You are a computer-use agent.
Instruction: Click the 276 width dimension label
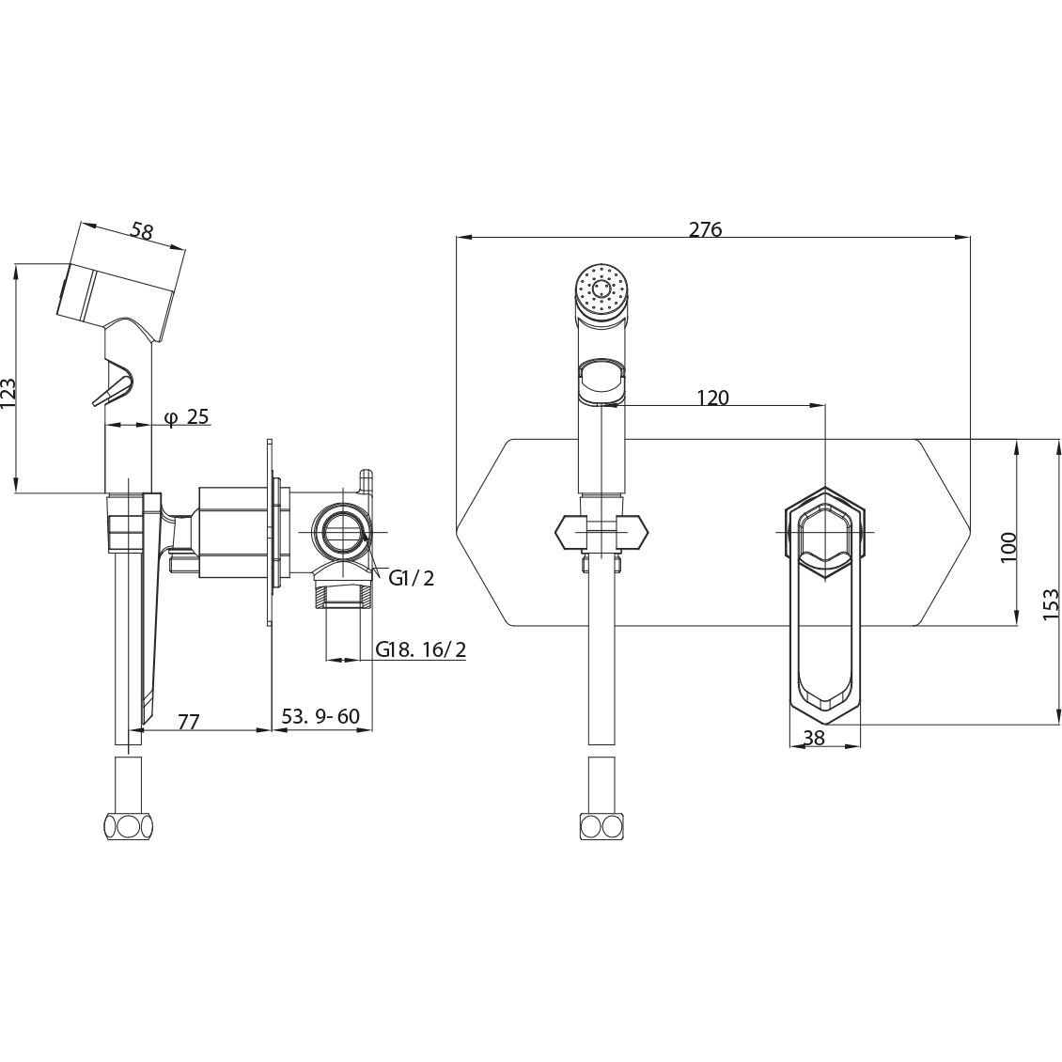(x=706, y=229)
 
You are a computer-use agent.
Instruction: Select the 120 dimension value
(x=712, y=398)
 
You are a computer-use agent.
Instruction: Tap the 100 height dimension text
(x=1008, y=547)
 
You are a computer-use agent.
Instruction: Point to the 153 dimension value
(x=1050, y=603)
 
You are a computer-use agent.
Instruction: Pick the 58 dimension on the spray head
(x=142, y=231)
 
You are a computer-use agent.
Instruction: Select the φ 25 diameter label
(x=186, y=417)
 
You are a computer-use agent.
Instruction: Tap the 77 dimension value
(x=188, y=722)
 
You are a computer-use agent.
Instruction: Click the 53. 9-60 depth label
(x=320, y=716)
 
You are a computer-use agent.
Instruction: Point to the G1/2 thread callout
(x=411, y=578)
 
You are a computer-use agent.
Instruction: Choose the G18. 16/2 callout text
(x=421, y=650)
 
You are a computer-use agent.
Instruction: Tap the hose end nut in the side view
(x=130, y=827)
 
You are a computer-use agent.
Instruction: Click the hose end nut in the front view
(x=601, y=826)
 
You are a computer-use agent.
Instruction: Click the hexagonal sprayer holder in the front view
(x=601, y=532)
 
